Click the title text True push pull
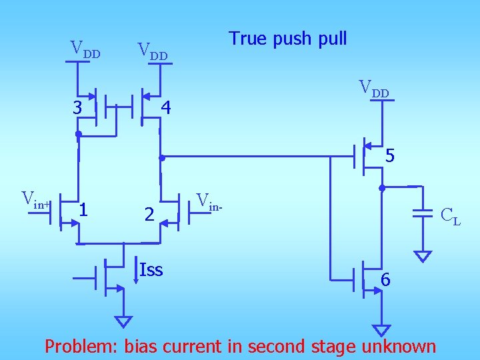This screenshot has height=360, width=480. click(x=287, y=39)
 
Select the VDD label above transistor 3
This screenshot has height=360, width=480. click(x=85, y=49)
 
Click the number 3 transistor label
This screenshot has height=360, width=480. click(x=78, y=107)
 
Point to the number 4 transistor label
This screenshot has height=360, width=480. click(x=166, y=107)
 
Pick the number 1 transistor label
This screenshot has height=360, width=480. click(x=83, y=210)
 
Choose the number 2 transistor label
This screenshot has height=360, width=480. click(x=150, y=214)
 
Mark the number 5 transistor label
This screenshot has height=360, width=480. click(x=390, y=157)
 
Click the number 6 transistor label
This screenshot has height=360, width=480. click(x=385, y=281)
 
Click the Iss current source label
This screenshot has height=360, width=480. click(x=151, y=269)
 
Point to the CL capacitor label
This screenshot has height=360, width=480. click(x=450, y=215)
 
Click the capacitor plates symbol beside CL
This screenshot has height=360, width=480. click(x=422, y=213)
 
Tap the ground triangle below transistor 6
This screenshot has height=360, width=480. click(x=381, y=330)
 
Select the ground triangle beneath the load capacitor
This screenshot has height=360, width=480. click(x=422, y=256)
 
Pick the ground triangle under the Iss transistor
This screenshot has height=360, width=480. click(x=123, y=321)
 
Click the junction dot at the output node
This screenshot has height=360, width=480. click(x=382, y=188)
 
